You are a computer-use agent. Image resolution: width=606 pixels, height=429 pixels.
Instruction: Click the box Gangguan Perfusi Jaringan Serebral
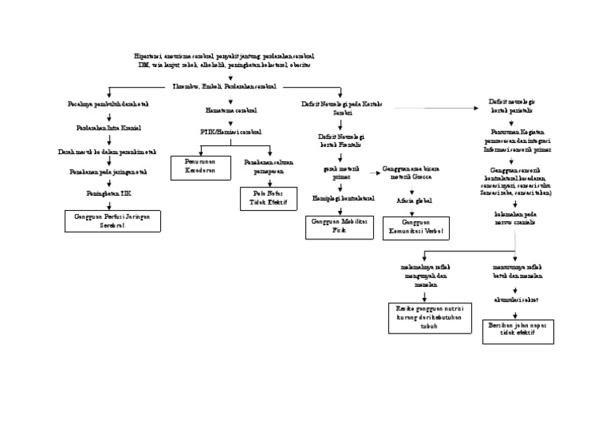113,220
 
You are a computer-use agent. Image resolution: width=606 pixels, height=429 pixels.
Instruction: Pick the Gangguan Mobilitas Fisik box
339,226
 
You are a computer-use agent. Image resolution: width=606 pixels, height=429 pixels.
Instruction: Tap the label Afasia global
413,201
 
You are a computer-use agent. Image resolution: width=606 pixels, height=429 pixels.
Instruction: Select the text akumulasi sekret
516,300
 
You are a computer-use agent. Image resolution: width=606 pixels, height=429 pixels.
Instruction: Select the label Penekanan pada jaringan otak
108,170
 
